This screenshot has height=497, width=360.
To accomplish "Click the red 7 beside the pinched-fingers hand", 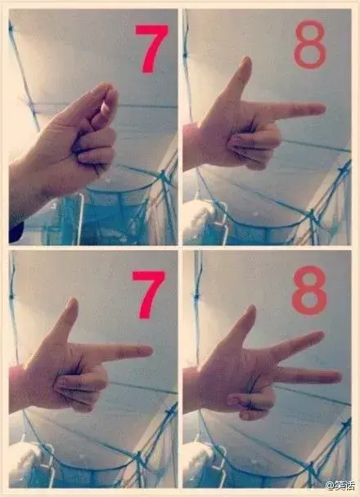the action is (151, 48).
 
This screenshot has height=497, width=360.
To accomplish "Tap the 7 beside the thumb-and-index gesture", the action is (149, 294).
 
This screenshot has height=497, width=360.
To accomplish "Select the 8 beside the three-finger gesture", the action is (309, 290).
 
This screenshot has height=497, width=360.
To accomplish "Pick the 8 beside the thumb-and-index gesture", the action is (310, 44).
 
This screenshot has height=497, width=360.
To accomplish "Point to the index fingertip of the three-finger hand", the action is (320, 335).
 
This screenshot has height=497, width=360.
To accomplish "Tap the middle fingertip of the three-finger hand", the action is (337, 377).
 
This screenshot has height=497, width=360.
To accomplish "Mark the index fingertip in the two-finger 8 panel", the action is (321, 109).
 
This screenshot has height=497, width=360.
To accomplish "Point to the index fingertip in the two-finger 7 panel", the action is (148, 351).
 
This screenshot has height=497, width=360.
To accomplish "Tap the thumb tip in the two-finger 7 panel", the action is (73, 302).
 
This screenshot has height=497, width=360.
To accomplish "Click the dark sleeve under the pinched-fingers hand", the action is (16, 232).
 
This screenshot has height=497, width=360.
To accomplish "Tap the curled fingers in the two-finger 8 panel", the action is (254, 146).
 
